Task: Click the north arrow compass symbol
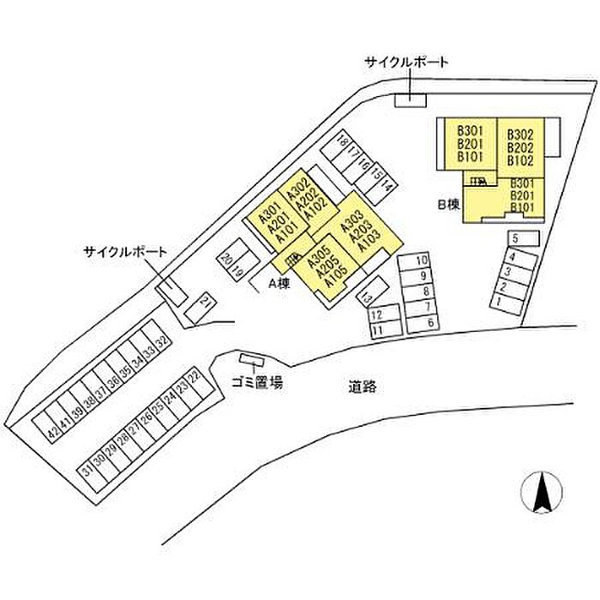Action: pos(542,495)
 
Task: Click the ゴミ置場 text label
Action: pos(257,383)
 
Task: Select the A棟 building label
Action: pos(279,284)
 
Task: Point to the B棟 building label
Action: pos(449,205)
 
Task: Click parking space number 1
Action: pos(497,301)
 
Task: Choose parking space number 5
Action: pos(514,238)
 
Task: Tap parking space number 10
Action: pos(421,261)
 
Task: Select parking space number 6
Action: pos(430,322)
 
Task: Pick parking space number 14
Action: pos(388,185)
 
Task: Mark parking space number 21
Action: pos(205,302)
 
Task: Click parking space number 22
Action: pos(195,376)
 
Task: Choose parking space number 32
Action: pos(160,344)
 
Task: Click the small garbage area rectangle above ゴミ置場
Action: pos(252,359)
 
